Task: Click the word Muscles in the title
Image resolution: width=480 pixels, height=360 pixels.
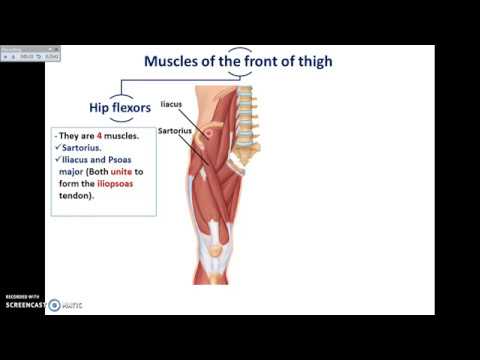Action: pos(172,61)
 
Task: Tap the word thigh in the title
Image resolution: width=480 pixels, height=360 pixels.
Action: pos(311,61)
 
